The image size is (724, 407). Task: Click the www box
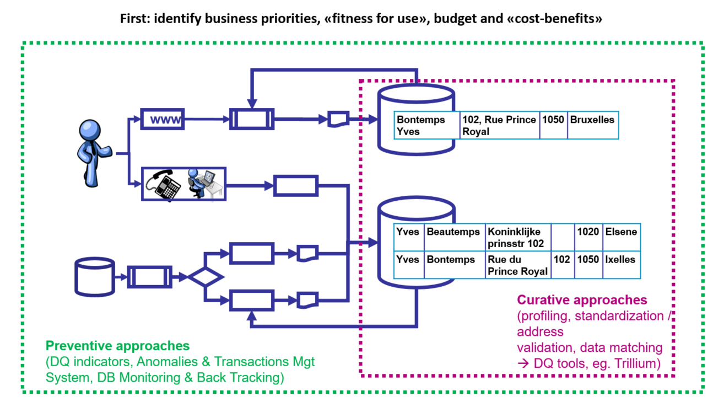[x=163, y=119]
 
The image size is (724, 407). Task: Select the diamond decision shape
[x=204, y=276]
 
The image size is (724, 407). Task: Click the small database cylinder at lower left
[x=94, y=276]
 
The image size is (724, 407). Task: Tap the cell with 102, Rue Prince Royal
[x=499, y=125]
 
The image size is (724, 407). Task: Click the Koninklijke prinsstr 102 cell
[x=517, y=237]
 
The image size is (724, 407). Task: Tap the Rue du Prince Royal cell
[x=517, y=265]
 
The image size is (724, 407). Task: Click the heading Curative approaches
[x=582, y=300]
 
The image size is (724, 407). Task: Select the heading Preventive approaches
[x=117, y=346]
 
